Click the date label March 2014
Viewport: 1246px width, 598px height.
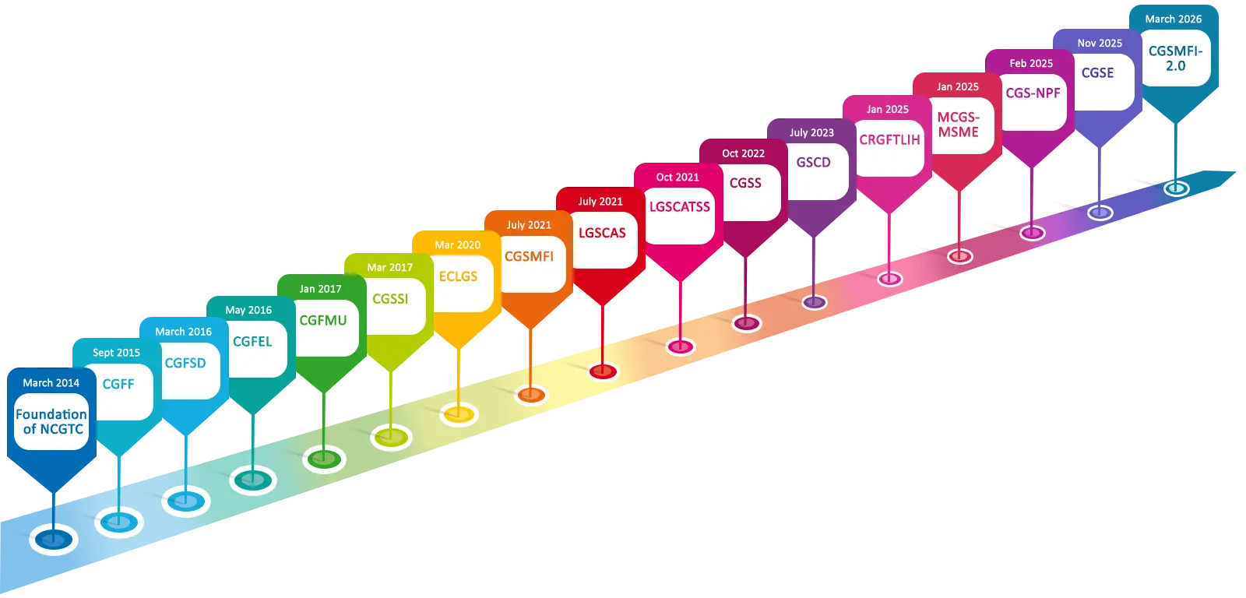[x=51, y=382]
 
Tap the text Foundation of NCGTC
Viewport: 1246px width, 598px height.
[x=51, y=421]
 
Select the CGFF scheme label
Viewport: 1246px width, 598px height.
[x=118, y=384]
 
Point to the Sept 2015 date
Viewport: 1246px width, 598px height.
[x=116, y=353]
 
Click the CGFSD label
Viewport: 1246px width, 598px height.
[x=185, y=363]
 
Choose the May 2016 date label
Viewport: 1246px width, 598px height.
[x=248, y=310]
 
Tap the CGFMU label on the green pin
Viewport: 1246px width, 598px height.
[x=323, y=320]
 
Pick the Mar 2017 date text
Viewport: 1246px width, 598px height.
[x=389, y=267]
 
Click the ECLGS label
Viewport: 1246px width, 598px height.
[x=458, y=276]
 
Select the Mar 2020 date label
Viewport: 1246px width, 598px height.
[x=457, y=244]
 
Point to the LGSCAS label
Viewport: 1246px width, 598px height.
[x=602, y=233]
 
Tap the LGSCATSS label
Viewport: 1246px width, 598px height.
[x=680, y=206]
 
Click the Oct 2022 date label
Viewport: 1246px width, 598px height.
[x=743, y=153]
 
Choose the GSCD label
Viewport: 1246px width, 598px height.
[x=813, y=162]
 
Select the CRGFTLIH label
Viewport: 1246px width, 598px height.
[x=889, y=140]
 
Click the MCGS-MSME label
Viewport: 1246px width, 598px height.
[x=958, y=125]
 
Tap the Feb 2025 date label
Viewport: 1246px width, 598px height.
[x=1031, y=63]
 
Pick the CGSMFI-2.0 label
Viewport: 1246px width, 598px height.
[x=1175, y=58]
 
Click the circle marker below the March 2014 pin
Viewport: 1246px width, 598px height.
[x=53, y=539]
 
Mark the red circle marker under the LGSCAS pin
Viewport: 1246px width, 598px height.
[x=603, y=371]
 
